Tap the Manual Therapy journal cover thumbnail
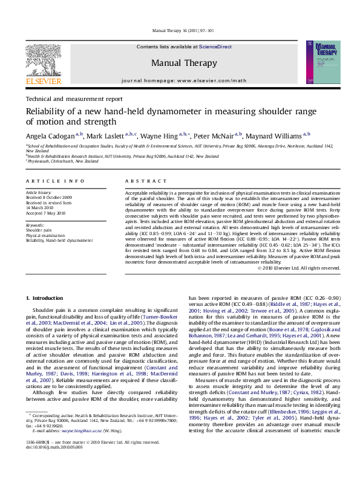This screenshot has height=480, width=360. (x=318, y=62)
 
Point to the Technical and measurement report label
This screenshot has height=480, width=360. (x=74, y=99)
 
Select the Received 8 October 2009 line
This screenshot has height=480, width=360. (x=48, y=198)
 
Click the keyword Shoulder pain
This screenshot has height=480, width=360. (x=38, y=230)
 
